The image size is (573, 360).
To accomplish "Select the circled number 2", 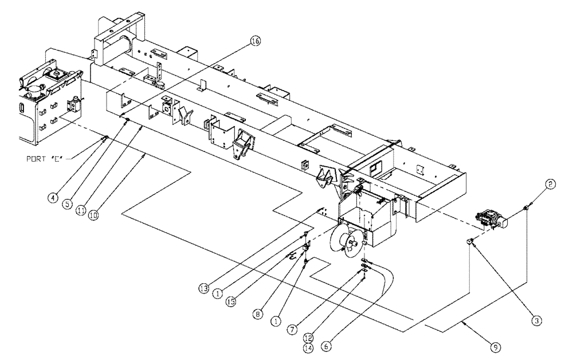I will (550, 185).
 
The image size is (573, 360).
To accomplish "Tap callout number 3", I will (536, 321).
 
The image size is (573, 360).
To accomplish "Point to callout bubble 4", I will (52, 198).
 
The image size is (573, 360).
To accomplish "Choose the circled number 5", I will (69, 203).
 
